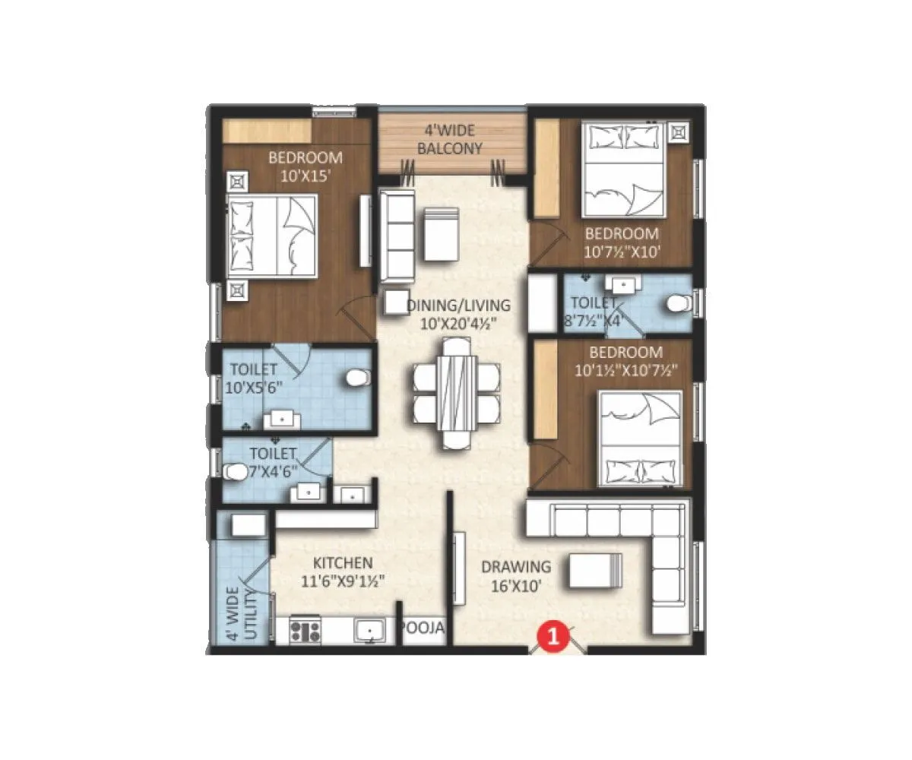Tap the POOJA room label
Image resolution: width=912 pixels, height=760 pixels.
tap(423, 629)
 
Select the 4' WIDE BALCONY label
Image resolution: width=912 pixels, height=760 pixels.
tap(450, 140)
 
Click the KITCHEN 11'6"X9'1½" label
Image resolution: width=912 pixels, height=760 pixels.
tap(344, 572)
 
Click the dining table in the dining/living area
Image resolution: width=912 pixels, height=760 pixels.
tap(457, 393)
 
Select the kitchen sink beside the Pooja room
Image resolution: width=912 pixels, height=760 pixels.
tap(370, 631)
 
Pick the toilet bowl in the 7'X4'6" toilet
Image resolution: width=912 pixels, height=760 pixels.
tap(236, 472)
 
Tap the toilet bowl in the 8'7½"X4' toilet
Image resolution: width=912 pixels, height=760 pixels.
tap(676, 304)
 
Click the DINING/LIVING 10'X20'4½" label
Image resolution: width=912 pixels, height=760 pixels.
tap(458, 314)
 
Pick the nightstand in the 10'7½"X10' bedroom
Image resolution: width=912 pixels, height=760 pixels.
tap(678, 134)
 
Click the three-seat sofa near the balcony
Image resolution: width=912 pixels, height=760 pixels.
tap(397, 236)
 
